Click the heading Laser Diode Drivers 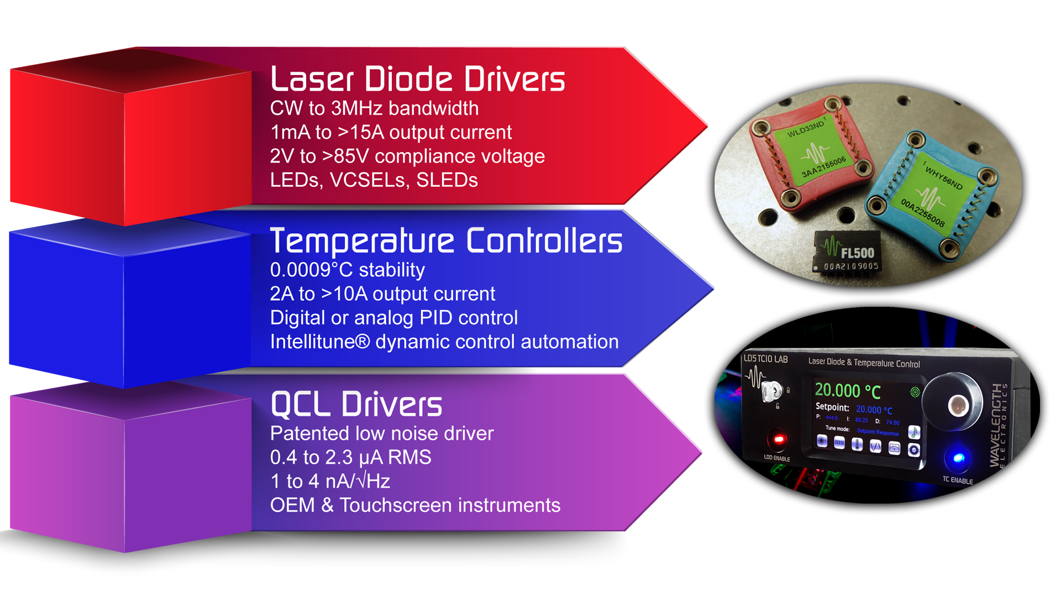pos(417,79)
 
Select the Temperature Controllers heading pos(445,241)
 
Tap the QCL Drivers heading pos(356,404)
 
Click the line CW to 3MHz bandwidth pos(374,108)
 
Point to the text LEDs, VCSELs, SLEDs pos(374,180)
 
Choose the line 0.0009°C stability pos(347,270)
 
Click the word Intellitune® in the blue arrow pos(319,342)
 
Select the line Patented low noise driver pos(381,433)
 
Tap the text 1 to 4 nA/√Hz pos(330,481)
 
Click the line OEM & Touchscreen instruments pos(415,505)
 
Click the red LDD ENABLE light pos(779,439)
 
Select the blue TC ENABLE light pos(958,458)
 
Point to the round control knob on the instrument pos(955,404)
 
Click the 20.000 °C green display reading pos(847,391)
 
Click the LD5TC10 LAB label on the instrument pos(765,359)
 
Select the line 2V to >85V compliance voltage pos(407,156)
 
